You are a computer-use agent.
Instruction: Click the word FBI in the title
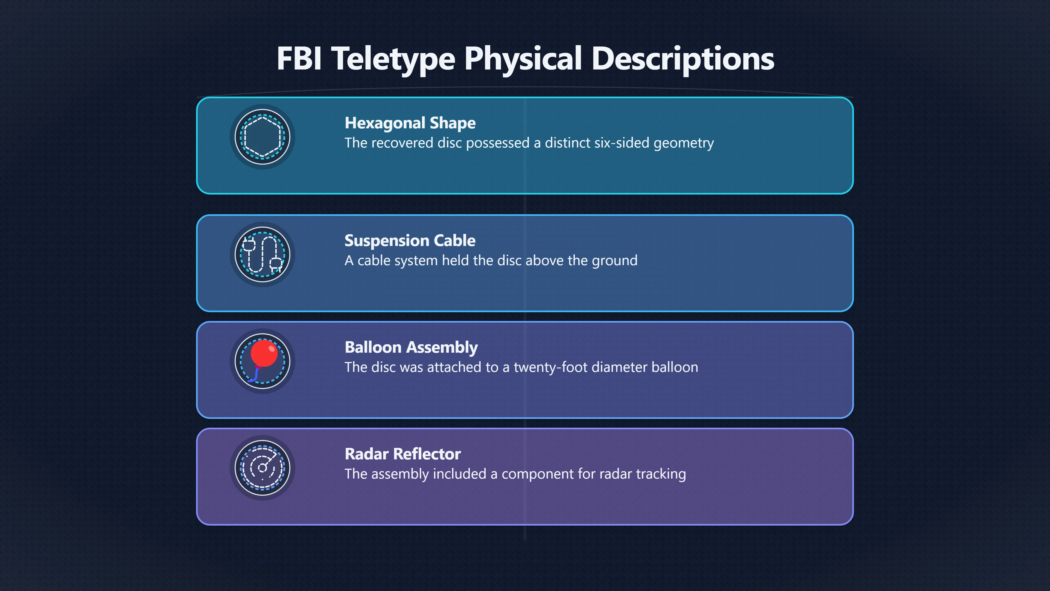[x=299, y=58]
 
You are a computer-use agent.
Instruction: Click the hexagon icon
[x=262, y=137]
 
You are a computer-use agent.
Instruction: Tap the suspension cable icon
[x=262, y=254]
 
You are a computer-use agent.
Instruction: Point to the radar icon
[x=262, y=468]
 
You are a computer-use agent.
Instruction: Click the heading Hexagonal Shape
[x=410, y=123]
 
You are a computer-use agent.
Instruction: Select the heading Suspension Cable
[x=410, y=241]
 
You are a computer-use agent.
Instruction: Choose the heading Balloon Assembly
[x=411, y=347]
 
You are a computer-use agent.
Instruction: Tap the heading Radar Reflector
[x=403, y=454]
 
